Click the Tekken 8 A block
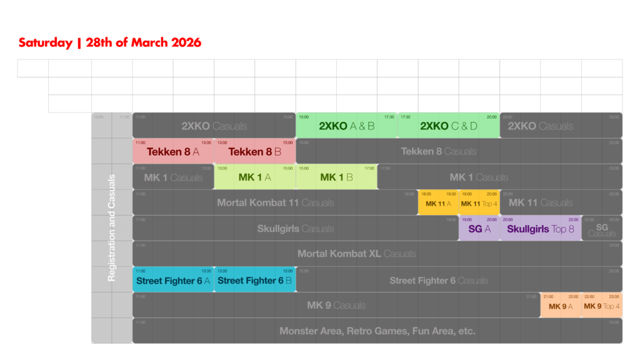pyautogui.click(x=173, y=151)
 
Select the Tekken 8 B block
pyautogui.click(x=254, y=151)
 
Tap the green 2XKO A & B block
pyautogui.click(x=347, y=126)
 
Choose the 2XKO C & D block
pyautogui.click(x=449, y=126)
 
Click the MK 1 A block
pyautogui.click(x=254, y=177)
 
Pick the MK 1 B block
pyautogui.click(x=336, y=177)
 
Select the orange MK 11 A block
pyautogui.click(x=438, y=203)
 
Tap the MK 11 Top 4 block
pyautogui.click(x=479, y=203)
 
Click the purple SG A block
pyautogui.click(x=479, y=229)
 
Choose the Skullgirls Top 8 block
pyautogui.click(x=541, y=229)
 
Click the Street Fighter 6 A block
pyautogui.click(x=173, y=280)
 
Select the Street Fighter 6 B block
pyautogui.click(x=254, y=280)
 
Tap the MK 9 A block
pyautogui.click(x=561, y=306)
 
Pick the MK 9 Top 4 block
pyautogui.click(x=602, y=306)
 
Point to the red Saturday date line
pyautogui.click(x=110, y=43)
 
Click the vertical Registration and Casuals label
pyautogui.click(x=112, y=228)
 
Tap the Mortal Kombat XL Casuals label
pyautogui.click(x=356, y=254)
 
